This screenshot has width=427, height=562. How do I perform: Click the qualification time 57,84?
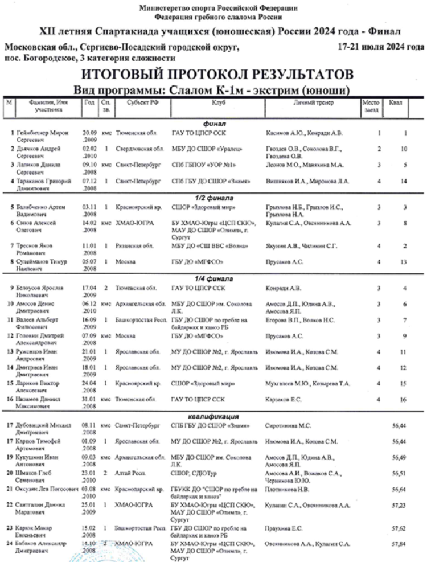pos(390,543)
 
